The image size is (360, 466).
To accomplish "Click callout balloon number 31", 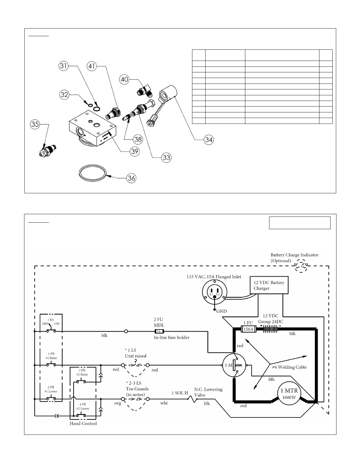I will point(64,66).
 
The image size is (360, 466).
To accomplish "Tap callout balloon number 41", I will point(92,66).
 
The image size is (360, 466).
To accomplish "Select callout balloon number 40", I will point(125,79).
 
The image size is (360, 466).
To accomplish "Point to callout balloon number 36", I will point(131,178).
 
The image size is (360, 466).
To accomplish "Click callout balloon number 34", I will point(209,140).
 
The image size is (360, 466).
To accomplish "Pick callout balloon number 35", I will point(35,124).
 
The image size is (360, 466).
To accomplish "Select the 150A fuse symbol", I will point(249,329).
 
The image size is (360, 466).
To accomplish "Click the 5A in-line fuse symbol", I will point(159,331).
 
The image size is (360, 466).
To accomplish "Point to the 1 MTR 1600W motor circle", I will point(289,393).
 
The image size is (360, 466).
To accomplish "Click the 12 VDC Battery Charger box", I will point(269,285).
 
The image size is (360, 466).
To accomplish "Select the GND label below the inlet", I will point(221,311).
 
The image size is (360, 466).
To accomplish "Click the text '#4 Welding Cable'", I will point(289,367).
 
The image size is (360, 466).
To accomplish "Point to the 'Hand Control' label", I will point(83,423).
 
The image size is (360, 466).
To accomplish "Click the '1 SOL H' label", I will point(180,393).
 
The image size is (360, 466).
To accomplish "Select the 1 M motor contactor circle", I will point(234,365).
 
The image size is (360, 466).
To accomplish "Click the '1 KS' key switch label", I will point(51,319).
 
